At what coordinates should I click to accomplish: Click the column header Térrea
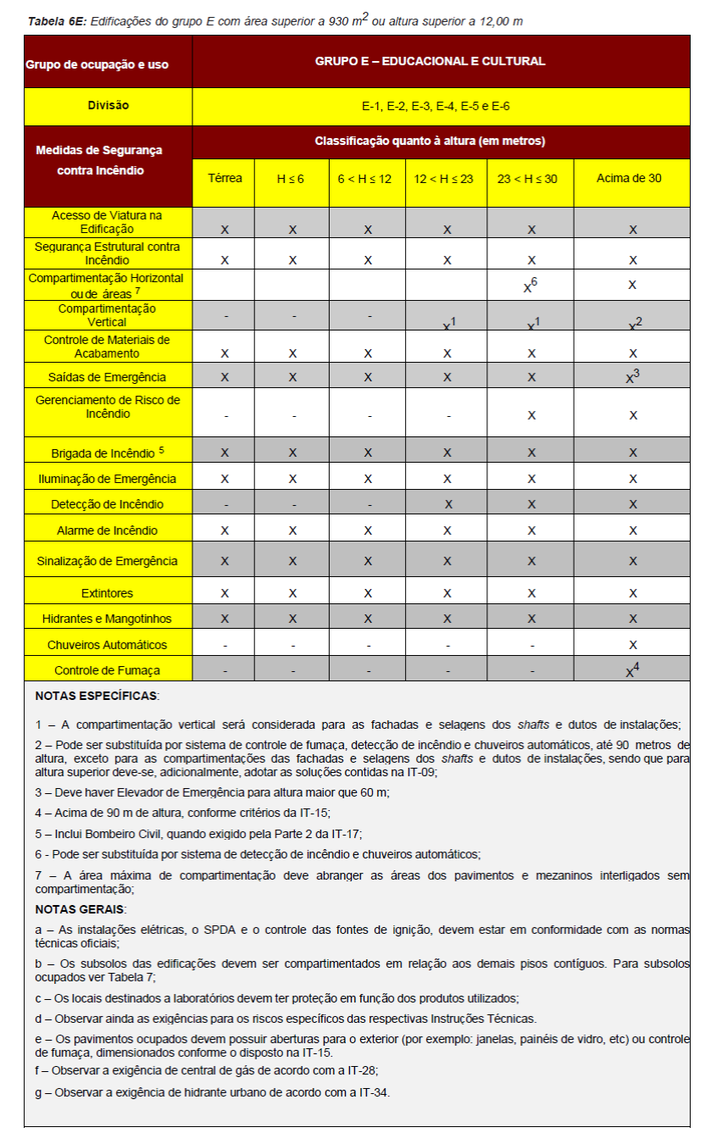[225, 178]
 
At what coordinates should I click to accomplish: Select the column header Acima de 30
[632, 178]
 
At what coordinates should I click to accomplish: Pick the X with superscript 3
[631, 377]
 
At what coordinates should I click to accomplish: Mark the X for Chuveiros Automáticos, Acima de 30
[632, 645]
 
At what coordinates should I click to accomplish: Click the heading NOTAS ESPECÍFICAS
[97, 696]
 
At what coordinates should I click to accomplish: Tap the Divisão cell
[108, 106]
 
